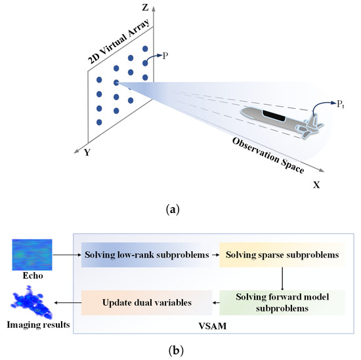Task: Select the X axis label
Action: point(316,185)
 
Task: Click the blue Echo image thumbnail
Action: point(31,254)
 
